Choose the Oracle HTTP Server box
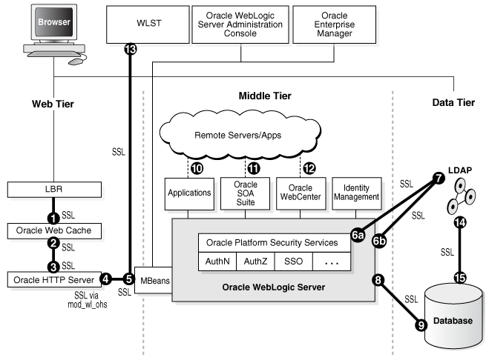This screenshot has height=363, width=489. (x=53, y=279)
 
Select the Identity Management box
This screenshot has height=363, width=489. (x=357, y=193)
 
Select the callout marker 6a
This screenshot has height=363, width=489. (x=358, y=235)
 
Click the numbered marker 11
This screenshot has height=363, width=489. (x=255, y=168)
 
